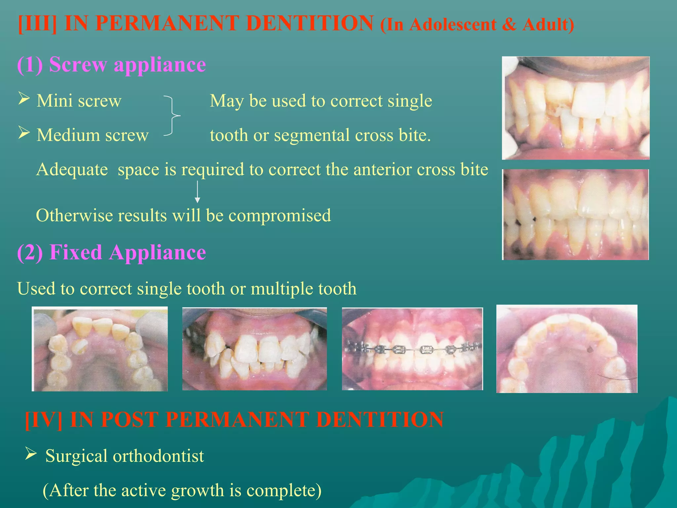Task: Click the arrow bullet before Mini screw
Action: pyautogui.click(x=24, y=99)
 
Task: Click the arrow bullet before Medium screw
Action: pyautogui.click(x=24, y=133)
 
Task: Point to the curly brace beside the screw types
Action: pyautogui.click(x=173, y=116)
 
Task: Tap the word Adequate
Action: pyautogui.click(x=72, y=170)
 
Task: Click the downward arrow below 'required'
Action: pyautogui.click(x=197, y=192)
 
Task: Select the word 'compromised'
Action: pyautogui.click(x=280, y=216)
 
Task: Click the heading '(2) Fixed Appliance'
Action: pyautogui.click(x=111, y=252)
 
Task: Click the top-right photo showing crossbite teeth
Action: pyautogui.click(x=576, y=108)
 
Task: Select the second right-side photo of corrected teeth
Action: pyautogui.click(x=576, y=215)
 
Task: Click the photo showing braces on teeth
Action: pyautogui.click(x=412, y=349)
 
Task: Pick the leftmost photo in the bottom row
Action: pyautogui.click(x=100, y=349)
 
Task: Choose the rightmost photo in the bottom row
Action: pyautogui.click(x=567, y=349)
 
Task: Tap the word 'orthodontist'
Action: pyautogui.click(x=158, y=456)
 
